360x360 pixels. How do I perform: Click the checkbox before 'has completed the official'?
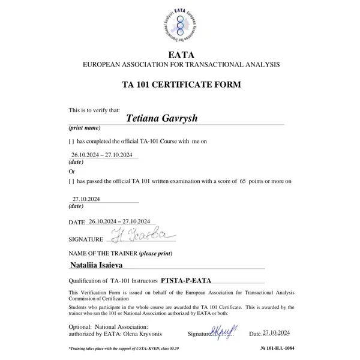pyautogui.click(x=71, y=142)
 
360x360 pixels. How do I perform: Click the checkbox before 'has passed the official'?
pyautogui.click(x=71, y=180)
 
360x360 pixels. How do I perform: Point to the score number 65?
pyautogui.click(x=243, y=180)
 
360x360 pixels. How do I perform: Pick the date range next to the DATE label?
pyautogui.click(x=118, y=221)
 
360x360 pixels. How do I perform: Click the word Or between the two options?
pyautogui.click(x=72, y=171)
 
